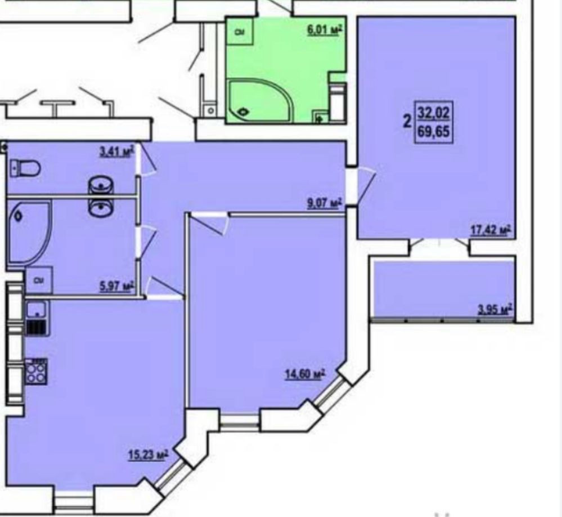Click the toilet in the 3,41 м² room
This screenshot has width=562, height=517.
[x=25, y=167]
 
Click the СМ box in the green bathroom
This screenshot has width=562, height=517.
[x=239, y=33]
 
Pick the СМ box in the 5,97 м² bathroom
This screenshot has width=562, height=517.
[x=39, y=280]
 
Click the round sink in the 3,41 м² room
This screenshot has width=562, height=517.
[x=101, y=185]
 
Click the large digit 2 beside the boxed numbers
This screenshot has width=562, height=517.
[x=406, y=122]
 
